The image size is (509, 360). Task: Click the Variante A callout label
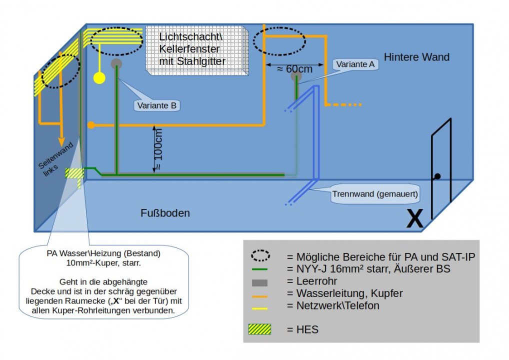[355, 64]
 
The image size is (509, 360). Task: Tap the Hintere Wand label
[416, 57]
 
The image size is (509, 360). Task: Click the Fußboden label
[165, 213]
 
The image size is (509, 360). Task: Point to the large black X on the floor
[414, 219]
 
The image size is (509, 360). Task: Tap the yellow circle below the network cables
[99, 78]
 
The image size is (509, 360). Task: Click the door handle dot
[437, 176]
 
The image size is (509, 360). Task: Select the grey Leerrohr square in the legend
[260, 282]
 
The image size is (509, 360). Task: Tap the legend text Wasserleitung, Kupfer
[344, 293]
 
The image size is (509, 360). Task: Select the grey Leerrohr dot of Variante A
[296, 76]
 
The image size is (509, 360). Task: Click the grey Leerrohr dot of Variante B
[116, 63]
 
